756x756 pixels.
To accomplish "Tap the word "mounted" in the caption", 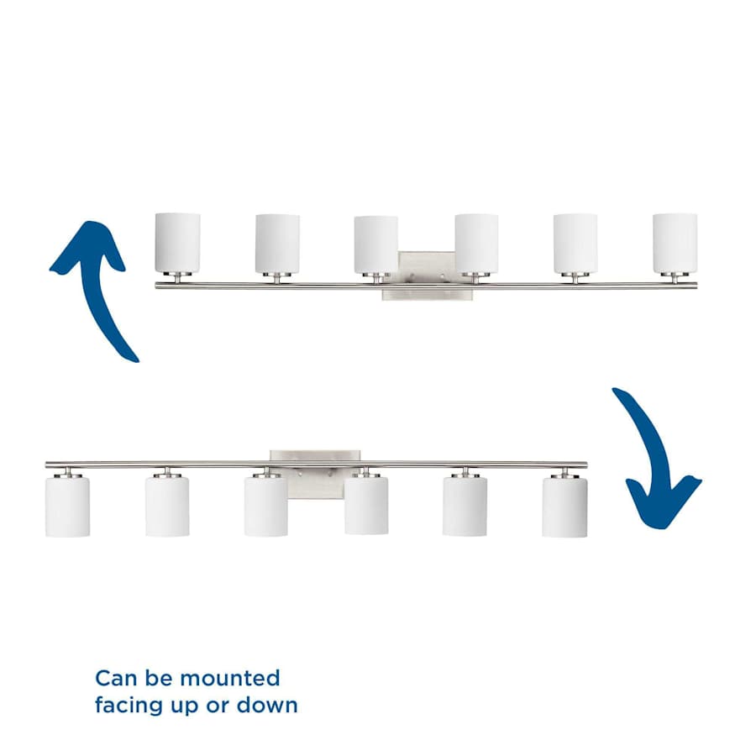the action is coord(229,678).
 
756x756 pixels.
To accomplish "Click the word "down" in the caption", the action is coord(266,705).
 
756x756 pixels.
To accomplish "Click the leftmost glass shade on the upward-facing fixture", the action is coord(177,243).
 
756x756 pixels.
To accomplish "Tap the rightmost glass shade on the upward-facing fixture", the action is coord(675,244).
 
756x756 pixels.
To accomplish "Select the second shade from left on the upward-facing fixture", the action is coord(278,244).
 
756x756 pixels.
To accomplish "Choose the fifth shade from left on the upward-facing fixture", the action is coord(575,244).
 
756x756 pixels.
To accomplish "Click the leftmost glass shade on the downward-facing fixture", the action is coord(67,507).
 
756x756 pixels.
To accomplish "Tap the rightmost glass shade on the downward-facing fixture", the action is coord(564,507).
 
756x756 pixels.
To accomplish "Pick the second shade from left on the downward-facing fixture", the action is coord(167,507).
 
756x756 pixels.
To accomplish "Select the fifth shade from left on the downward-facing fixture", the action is coord(465,506).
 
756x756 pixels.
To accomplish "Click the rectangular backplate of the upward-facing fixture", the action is coord(428,276).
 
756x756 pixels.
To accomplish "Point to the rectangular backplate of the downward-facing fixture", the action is coord(315,475).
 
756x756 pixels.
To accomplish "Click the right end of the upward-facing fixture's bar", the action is coord(696,286).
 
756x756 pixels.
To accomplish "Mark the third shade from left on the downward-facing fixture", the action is coord(266,507).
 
